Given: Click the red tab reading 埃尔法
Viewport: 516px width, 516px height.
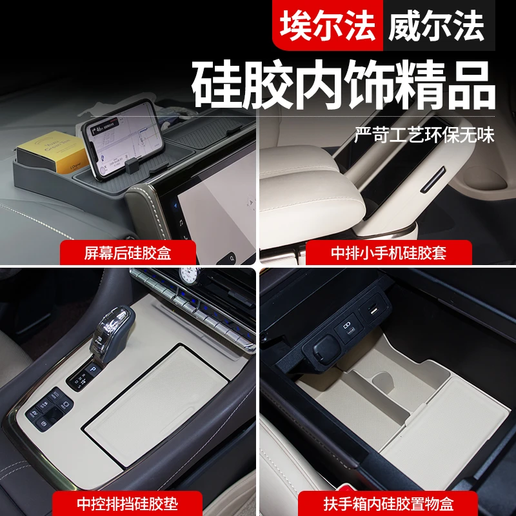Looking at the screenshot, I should [327, 26].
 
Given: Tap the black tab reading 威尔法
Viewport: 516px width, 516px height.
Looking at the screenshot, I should [436, 26].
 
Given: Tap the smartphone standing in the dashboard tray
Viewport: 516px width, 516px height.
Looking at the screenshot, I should [120, 139].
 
